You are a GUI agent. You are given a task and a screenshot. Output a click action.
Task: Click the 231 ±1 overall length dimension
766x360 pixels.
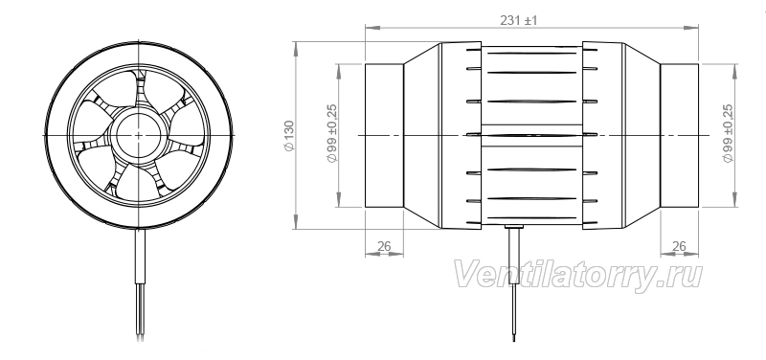pyautogui.click(x=518, y=20)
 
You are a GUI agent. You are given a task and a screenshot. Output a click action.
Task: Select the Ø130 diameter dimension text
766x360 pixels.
pyautogui.click(x=289, y=135)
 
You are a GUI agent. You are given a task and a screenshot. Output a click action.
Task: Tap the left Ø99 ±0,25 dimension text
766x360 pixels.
pyautogui.click(x=332, y=133)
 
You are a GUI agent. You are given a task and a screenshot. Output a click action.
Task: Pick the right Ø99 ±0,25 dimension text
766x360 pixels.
pyautogui.click(x=728, y=133)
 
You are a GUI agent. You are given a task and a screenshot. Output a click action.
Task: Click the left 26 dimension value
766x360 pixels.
pyautogui.click(x=385, y=247)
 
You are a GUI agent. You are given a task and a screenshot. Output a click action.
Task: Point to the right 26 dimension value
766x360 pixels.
pyautogui.click(x=679, y=247)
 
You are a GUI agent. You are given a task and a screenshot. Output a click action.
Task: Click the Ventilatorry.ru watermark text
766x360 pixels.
pyautogui.click(x=578, y=276)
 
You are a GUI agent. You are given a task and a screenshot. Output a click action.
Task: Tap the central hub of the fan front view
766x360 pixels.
pyautogui.click(x=139, y=135)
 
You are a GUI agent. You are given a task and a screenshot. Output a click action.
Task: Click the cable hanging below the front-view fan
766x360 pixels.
pyautogui.click(x=140, y=282)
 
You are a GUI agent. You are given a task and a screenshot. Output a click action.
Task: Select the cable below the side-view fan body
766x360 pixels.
pyautogui.click(x=513, y=284)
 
